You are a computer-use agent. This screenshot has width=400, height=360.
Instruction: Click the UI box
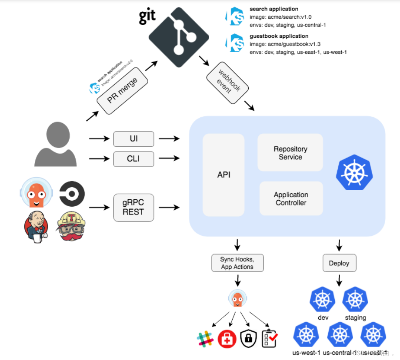(133, 139)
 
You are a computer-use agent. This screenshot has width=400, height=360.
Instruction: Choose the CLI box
(133, 159)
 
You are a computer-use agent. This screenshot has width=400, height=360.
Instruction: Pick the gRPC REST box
(133, 208)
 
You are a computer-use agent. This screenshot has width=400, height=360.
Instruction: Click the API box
(223, 175)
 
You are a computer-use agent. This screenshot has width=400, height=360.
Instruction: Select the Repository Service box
(290, 153)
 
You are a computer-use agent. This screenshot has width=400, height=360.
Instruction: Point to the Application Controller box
(291, 198)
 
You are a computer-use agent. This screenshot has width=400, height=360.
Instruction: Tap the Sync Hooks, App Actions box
(237, 263)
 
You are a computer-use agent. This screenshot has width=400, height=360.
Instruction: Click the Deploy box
(339, 263)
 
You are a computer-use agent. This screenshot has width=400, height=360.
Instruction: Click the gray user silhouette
(56, 144)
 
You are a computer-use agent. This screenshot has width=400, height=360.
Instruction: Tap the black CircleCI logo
(72, 193)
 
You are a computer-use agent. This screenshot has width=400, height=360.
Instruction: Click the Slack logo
(205, 339)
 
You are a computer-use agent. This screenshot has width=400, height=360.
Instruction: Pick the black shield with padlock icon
(248, 339)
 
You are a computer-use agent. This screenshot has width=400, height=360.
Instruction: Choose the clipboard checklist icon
(270, 339)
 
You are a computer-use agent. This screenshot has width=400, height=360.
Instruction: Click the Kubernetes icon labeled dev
(323, 300)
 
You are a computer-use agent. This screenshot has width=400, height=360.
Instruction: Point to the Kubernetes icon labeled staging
(355, 300)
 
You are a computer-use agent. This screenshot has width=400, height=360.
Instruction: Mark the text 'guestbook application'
(279, 36)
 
